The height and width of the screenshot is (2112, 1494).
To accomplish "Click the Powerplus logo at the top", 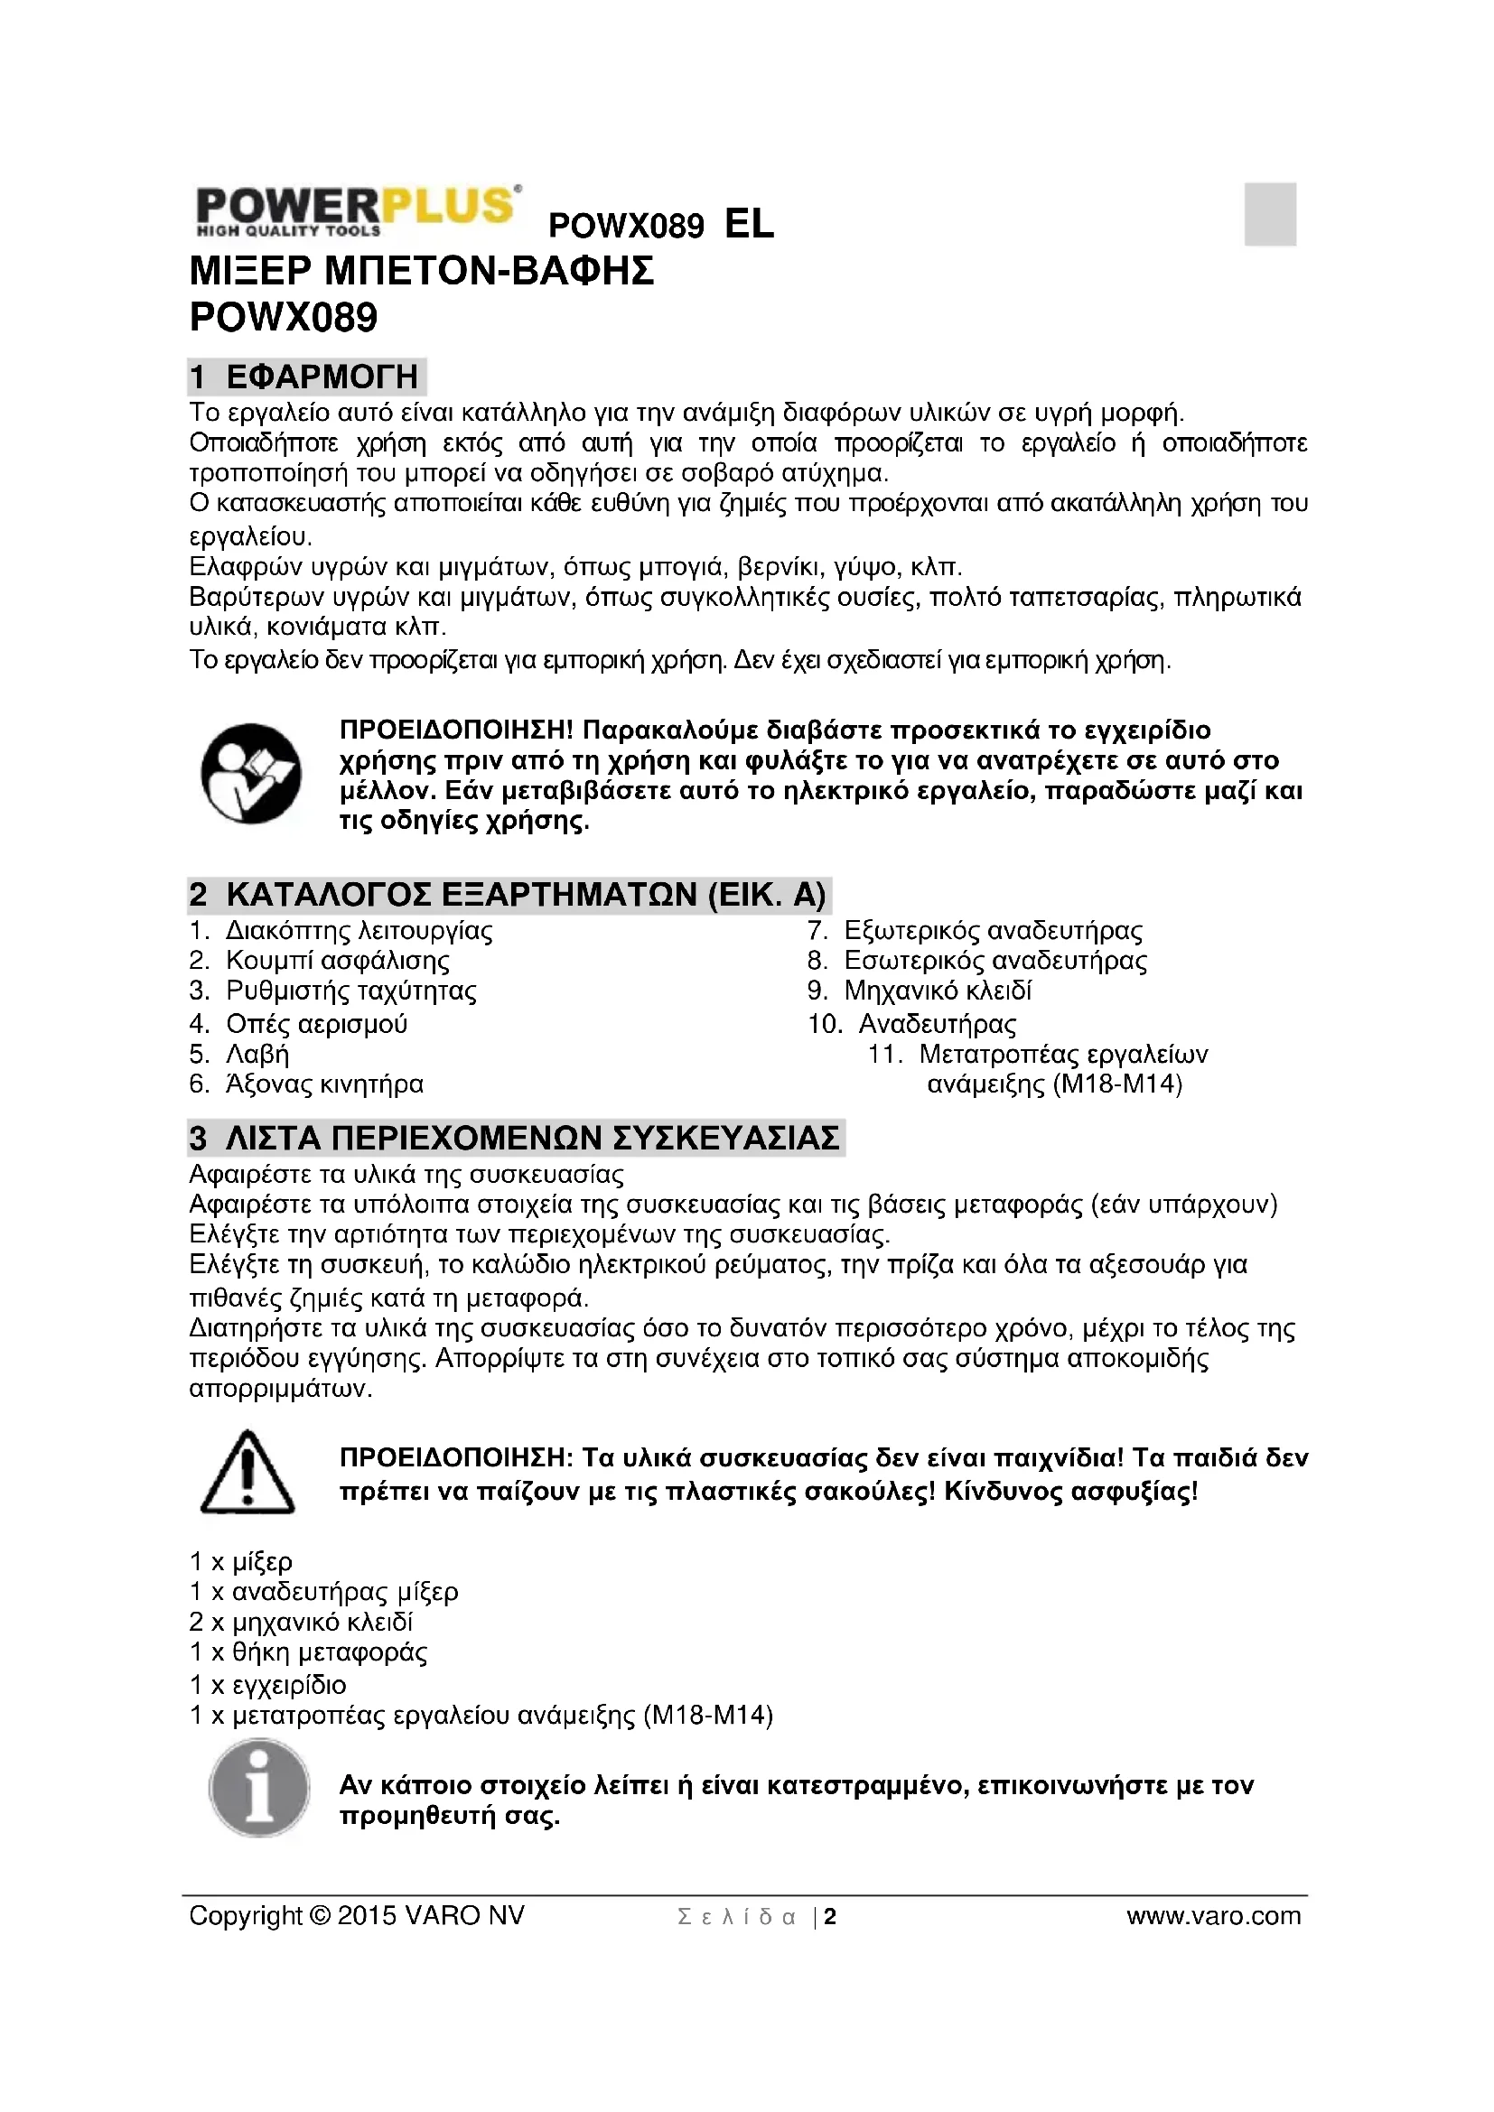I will pos(357,210).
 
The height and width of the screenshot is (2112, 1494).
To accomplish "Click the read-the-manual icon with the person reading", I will pos(250,774).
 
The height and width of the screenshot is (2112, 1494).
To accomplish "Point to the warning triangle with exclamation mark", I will pos(247,1473).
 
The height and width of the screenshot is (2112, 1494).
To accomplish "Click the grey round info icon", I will pos(258,1789).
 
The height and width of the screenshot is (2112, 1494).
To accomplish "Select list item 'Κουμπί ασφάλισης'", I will pos(338,961).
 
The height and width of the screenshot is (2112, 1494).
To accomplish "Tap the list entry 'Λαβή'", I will pos(257,1054).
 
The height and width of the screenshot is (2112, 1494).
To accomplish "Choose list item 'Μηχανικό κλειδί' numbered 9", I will pos(938,991).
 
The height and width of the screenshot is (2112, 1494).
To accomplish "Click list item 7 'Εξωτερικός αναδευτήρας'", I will pos(993,931).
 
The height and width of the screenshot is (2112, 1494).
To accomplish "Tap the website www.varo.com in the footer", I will pos(1213,1916).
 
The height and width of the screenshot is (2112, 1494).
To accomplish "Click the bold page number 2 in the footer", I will pos(830,1917).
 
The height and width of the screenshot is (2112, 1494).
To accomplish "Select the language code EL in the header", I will pos(749,224).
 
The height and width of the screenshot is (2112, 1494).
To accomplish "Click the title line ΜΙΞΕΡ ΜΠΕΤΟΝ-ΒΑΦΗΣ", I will pos(421,272).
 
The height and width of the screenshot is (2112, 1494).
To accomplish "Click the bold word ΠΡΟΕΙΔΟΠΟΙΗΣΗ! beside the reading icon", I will pos(456,730).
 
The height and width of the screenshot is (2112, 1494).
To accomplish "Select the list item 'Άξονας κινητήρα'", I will pos(325,1084).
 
